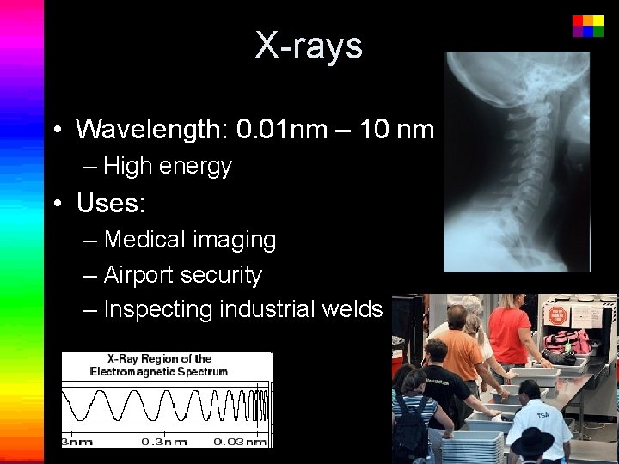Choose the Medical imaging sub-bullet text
(190, 240)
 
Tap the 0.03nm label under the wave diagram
(240, 441)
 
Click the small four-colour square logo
(587, 25)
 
